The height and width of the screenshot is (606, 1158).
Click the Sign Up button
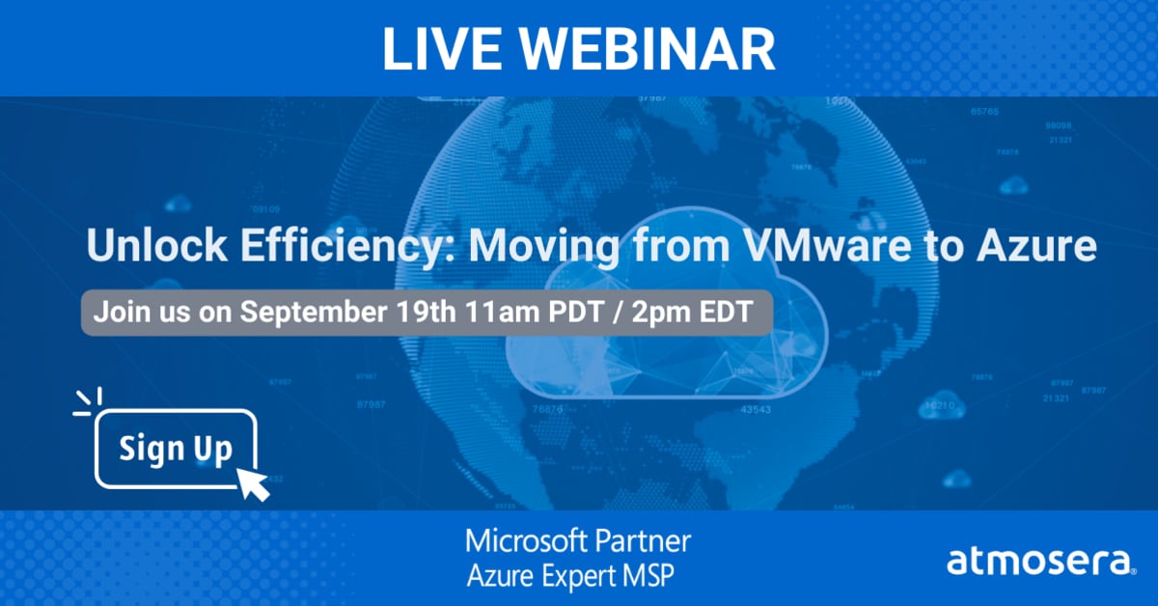(x=176, y=449)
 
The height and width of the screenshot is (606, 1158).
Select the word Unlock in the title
(x=145, y=248)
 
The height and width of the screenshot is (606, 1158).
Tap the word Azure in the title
(x=1044, y=248)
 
